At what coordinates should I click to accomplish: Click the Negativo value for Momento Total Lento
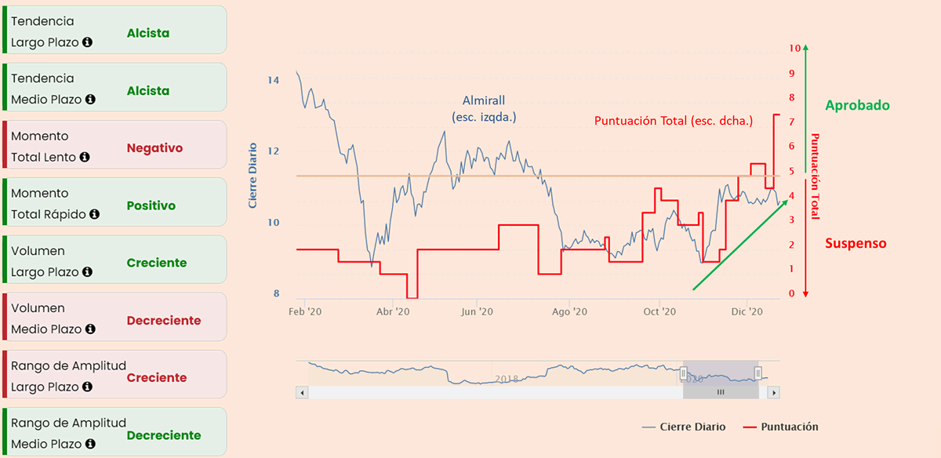tap(154, 147)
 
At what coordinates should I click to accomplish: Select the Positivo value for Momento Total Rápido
tap(151, 205)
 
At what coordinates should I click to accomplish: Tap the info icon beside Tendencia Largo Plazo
tap(87, 42)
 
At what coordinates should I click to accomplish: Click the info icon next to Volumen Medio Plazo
tap(90, 329)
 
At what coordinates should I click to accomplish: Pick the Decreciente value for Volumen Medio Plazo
tap(164, 320)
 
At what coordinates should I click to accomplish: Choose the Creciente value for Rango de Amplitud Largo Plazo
tap(157, 377)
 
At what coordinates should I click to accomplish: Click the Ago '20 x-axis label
tap(569, 311)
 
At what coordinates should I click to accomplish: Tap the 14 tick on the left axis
tap(273, 80)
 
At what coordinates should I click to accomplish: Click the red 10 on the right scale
tap(795, 48)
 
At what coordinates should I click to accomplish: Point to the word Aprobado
tap(857, 105)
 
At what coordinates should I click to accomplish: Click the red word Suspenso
tap(856, 243)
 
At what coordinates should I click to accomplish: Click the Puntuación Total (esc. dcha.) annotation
tap(673, 121)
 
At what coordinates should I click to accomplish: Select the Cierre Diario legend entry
tap(683, 427)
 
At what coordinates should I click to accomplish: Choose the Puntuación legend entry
tap(780, 427)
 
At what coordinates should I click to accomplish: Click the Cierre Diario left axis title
tap(253, 175)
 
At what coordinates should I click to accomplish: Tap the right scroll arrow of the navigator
tap(773, 391)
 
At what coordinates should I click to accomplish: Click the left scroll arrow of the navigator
tap(301, 391)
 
